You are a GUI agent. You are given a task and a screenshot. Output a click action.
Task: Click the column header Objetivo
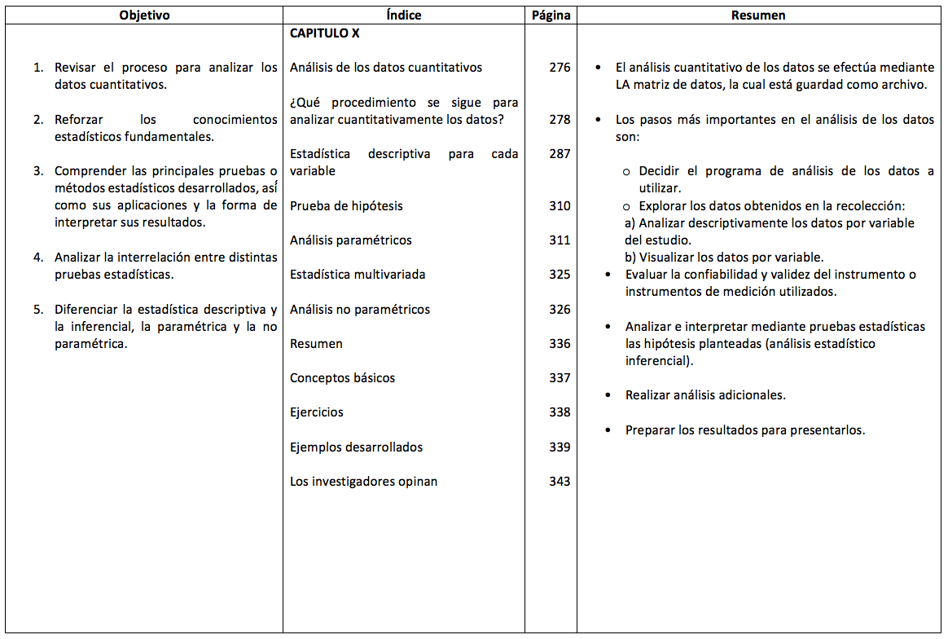pyautogui.click(x=144, y=15)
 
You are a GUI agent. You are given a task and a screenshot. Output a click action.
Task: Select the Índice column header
pyautogui.click(x=403, y=15)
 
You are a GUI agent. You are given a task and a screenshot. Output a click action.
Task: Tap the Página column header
pyautogui.click(x=551, y=15)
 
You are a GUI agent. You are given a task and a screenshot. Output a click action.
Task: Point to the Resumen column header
pyautogui.click(x=758, y=15)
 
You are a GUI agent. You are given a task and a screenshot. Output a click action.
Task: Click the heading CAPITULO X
pyautogui.click(x=324, y=33)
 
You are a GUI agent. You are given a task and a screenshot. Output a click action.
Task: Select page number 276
pyautogui.click(x=560, y=68)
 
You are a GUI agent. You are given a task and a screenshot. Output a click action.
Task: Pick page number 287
pyautogui.click(x=560, y=154)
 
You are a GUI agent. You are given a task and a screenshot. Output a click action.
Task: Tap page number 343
pyautogui.click(x=560, y=482)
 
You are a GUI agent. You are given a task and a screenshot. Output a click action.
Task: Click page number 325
pyautogui.click(x=560, y=275)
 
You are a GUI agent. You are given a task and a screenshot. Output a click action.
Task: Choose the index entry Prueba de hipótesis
pyautogui.click(x=346, y=206)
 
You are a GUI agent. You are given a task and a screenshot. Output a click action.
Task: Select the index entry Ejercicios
pyautogui.click(x=317, y=412)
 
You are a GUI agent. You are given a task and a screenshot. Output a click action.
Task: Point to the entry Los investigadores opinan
pyautogui.click(x=363, y=482)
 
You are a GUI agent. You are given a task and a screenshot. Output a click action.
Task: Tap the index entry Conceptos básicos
pyautogui.click(x=342, y=378)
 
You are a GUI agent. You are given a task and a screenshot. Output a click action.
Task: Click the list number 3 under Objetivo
pyautogui.click(x=37, y=171)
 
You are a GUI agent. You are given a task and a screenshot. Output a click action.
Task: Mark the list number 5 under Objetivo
pyautogui.click(x=37, y=310)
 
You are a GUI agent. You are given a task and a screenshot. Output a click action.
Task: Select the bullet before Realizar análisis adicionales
pyautogui.click(x=608, y=395)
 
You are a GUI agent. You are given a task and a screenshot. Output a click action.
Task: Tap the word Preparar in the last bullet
pyautogui.click(x=650, y=430)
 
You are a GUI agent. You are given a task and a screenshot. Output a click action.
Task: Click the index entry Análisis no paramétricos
pyautogui.click(x=360, y=310)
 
